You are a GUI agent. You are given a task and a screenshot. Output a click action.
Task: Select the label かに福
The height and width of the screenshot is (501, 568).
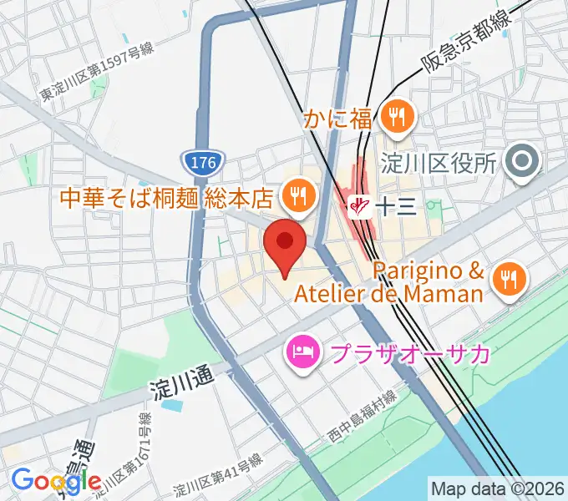(338, 119)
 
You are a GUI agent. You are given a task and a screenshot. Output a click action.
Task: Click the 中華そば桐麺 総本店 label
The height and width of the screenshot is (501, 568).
(167, 199)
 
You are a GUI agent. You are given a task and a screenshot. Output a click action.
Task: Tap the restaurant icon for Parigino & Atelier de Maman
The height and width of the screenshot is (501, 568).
(508, 280)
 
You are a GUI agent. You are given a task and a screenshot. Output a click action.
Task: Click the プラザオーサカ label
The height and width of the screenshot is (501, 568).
(410, 354)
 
